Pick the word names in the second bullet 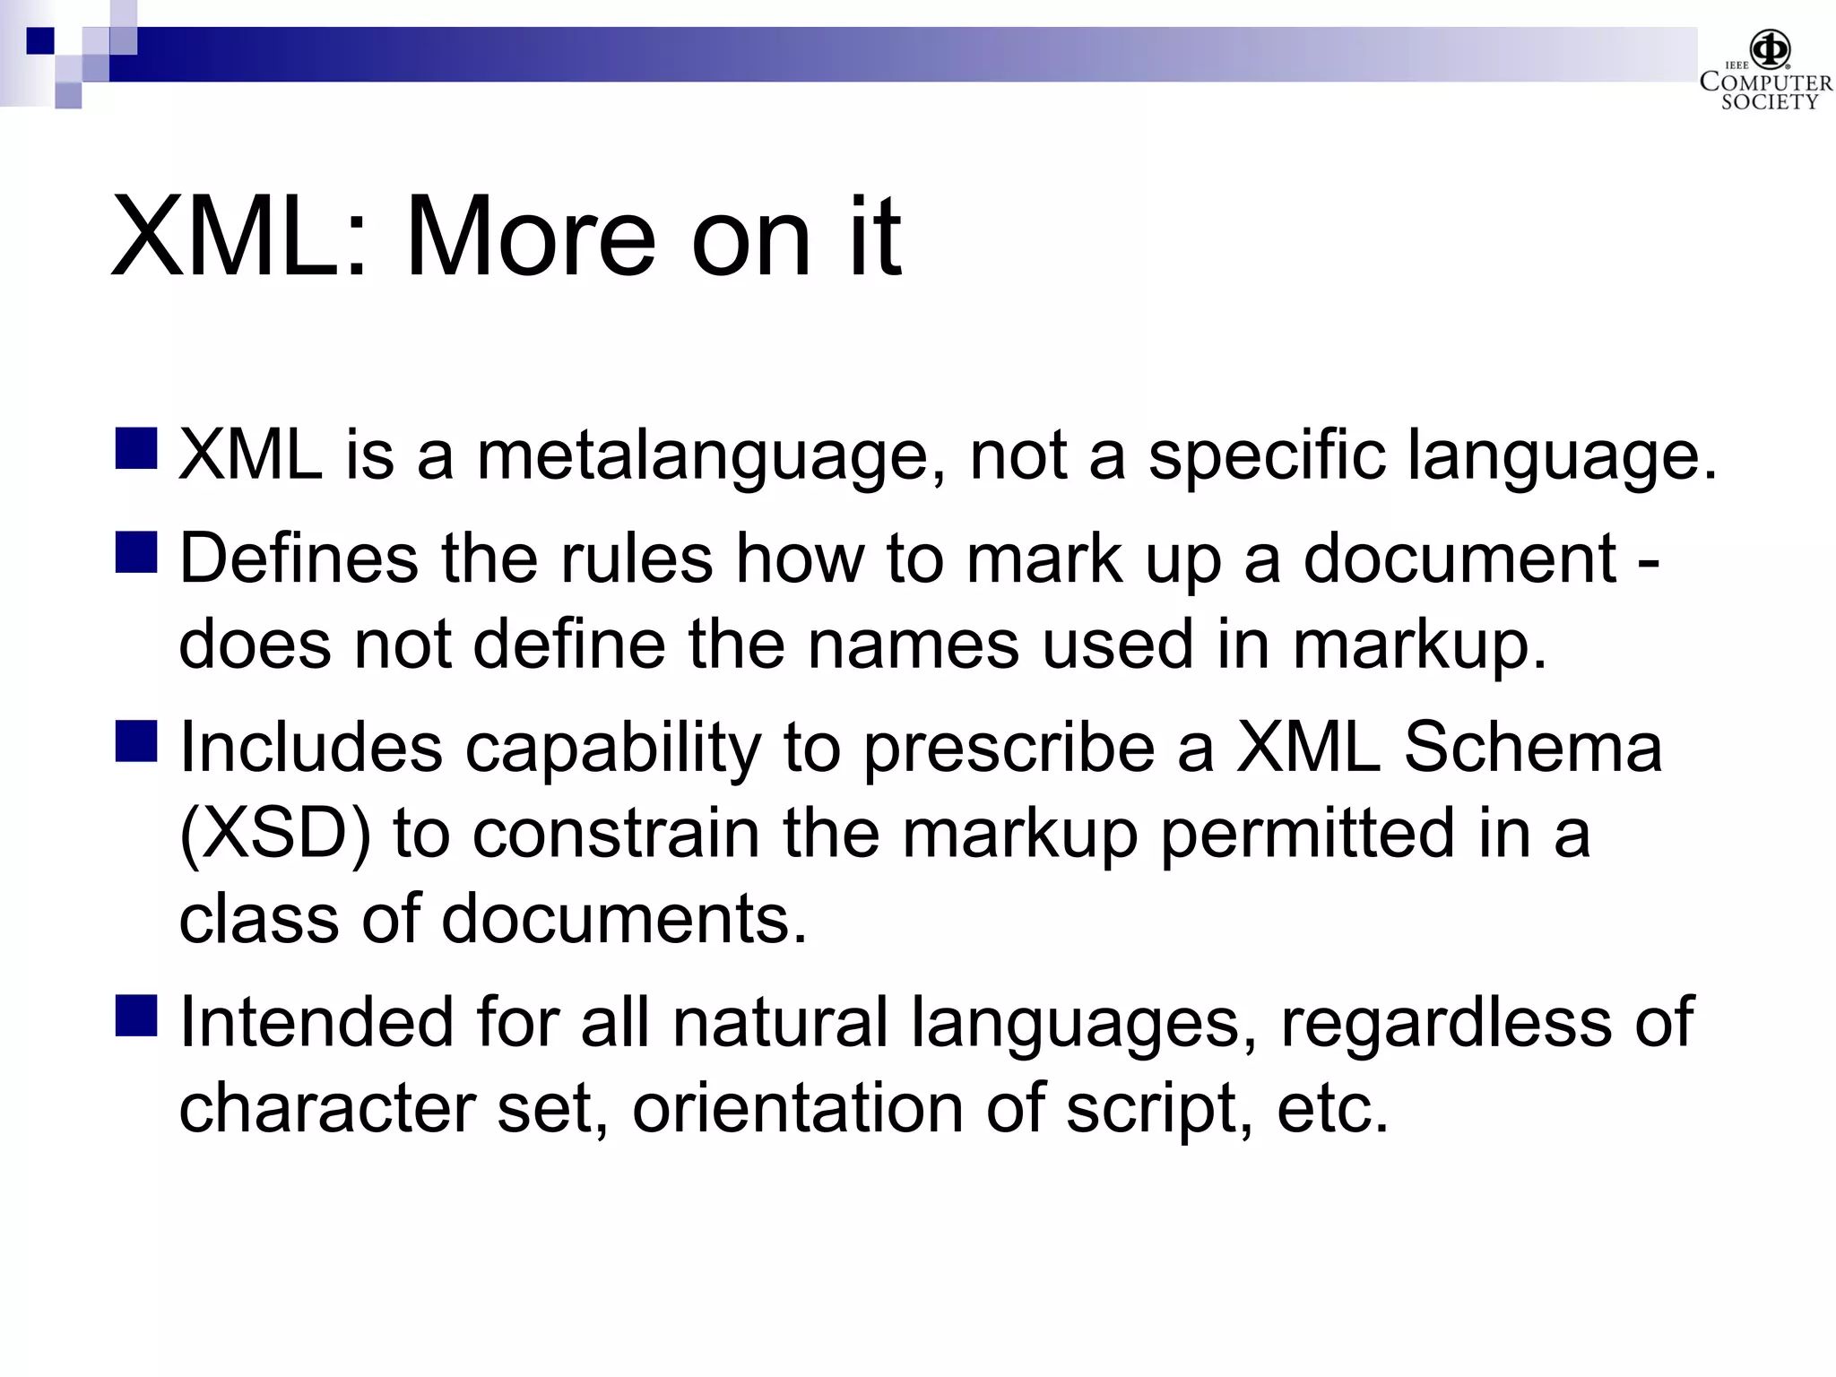(913, 644)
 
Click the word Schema (1532, 747)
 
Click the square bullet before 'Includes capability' (136, 741)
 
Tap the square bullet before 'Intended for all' (136, 1016)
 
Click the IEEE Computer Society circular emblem (1771, 49)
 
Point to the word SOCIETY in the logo (1769, 102)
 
